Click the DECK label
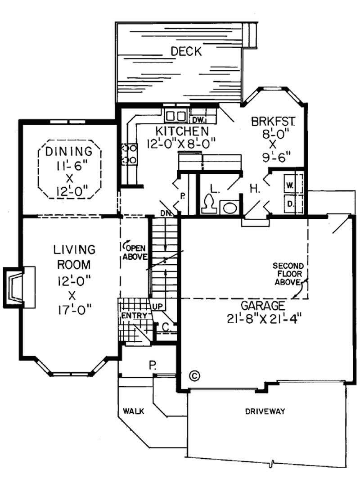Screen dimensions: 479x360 click(x=186, y=52)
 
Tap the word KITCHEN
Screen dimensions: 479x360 click(x=182, y=131)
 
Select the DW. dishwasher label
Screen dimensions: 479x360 click(x=198, y=120)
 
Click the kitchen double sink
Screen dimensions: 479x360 click(x=176, y=115)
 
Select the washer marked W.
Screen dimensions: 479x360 click(x=290, y=185)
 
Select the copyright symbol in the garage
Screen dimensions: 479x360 click(x=194, y=375)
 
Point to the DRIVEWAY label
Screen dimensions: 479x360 click(x=265, y=411)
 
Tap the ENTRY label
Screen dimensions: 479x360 click(x=134, y=315)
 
